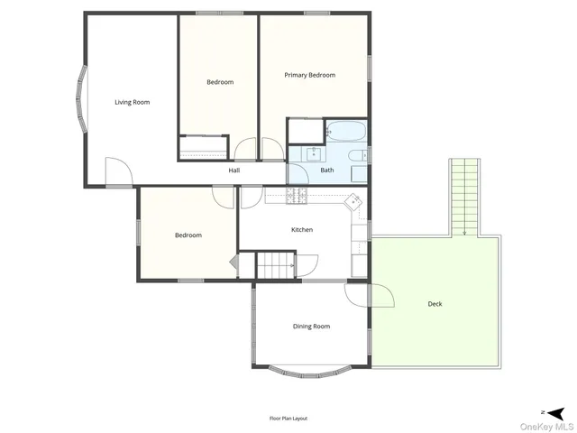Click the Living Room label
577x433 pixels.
132,102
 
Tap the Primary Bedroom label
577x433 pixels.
309,75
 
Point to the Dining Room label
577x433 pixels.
311,326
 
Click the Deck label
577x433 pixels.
435,304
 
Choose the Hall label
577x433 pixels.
234,170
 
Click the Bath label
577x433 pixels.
326,170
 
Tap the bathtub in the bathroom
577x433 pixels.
344,132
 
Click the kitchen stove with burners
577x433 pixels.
299,196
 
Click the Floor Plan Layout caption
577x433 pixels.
288,419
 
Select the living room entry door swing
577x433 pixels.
117,172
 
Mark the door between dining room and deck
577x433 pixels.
379,294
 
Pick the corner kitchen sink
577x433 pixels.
354,199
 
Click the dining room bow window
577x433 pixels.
310,372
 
